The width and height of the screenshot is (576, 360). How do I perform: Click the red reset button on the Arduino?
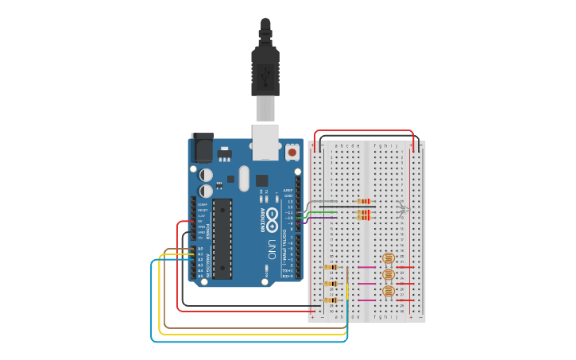pyautogui.click(x=292, y=152)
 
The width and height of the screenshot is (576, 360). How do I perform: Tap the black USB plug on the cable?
pyautogui.click(x=265, y=71)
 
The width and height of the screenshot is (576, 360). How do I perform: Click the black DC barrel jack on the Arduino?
pyautogui.click(x=202, y=149)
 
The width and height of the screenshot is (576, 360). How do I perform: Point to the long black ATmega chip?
pyautogui.click(x=222, y=238)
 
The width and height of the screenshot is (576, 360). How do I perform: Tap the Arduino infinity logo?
pyautogui.click(x=272, y=217)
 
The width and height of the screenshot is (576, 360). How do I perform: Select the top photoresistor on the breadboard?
pyautogui.click(x=389, y=257)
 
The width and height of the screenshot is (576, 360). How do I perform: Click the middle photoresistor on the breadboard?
pyautogui.click(x=389, y=274)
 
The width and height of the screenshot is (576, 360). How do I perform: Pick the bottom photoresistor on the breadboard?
pyautogui.click(x=389, y=292)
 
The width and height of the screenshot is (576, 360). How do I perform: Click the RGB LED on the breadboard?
pyautogui.click(x=403, y=210)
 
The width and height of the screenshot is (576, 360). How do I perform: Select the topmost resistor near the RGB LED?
pyautogui.click(x=364, y=202)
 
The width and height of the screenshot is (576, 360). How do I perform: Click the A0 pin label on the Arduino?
pyautogui.click(x=200, y=249)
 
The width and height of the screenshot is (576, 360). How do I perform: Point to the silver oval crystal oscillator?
pyautogui.click(x=244, y=178)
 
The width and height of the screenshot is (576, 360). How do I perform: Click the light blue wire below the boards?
pyautogui.click(x=238, y=341)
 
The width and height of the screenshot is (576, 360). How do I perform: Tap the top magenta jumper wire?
pyautogui.click(x=366, y=267)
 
